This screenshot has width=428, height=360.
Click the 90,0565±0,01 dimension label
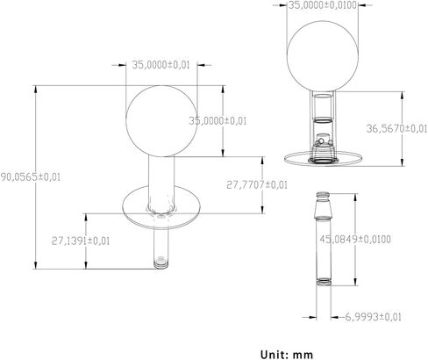31,177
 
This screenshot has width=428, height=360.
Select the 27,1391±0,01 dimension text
81,241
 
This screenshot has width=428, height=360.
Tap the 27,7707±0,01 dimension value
257,185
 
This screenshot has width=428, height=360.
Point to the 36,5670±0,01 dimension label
397,128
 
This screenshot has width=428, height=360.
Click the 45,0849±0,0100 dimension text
355,240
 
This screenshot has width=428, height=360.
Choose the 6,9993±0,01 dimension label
374,317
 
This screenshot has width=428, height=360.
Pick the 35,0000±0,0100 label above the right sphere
323,5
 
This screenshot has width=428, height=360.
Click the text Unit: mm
287,355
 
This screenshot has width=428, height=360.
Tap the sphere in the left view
161,121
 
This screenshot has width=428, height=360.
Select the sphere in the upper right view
322,56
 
